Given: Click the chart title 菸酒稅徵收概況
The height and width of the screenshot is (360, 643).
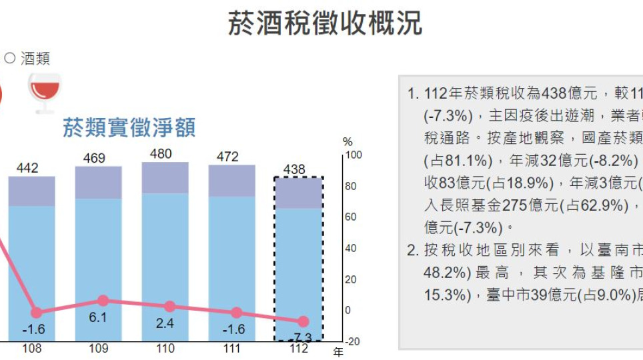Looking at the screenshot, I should pyautogui.click(x=325, y=23).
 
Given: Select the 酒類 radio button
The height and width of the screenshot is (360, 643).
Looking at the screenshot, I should pyautogui.click(x=9, y=58).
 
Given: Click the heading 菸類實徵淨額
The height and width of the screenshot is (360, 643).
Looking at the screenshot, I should pyautogui.click(x=129, y=127).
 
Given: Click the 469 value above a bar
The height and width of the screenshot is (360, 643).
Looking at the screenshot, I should pyautogui.click(x=98, y=158).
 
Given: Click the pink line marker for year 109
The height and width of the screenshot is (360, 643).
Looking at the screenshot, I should pyautogui.click(x=103, y=301).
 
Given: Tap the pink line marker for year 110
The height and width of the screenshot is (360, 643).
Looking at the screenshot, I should pyautogui.click(x=169, y=307).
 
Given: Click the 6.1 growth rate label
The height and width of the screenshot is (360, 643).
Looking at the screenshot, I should pyautogui.click(x=98, y=318).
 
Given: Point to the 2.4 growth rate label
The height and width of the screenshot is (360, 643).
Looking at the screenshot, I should pyautogui.click(x=165, y=324).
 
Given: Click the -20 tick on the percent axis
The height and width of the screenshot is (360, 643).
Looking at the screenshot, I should pyautogui.click(x=352, y=341).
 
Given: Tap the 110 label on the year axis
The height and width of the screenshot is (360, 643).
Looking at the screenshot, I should pyautogui.click(x=165, y=349).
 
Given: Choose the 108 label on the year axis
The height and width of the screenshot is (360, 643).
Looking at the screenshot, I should pyautogui.click(x=32, y=349).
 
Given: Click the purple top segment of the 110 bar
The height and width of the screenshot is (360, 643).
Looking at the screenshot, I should pyautogui.click(x=165, y=178).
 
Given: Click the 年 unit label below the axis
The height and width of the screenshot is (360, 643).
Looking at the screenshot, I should pyautogui.click(x=338, y=352).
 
